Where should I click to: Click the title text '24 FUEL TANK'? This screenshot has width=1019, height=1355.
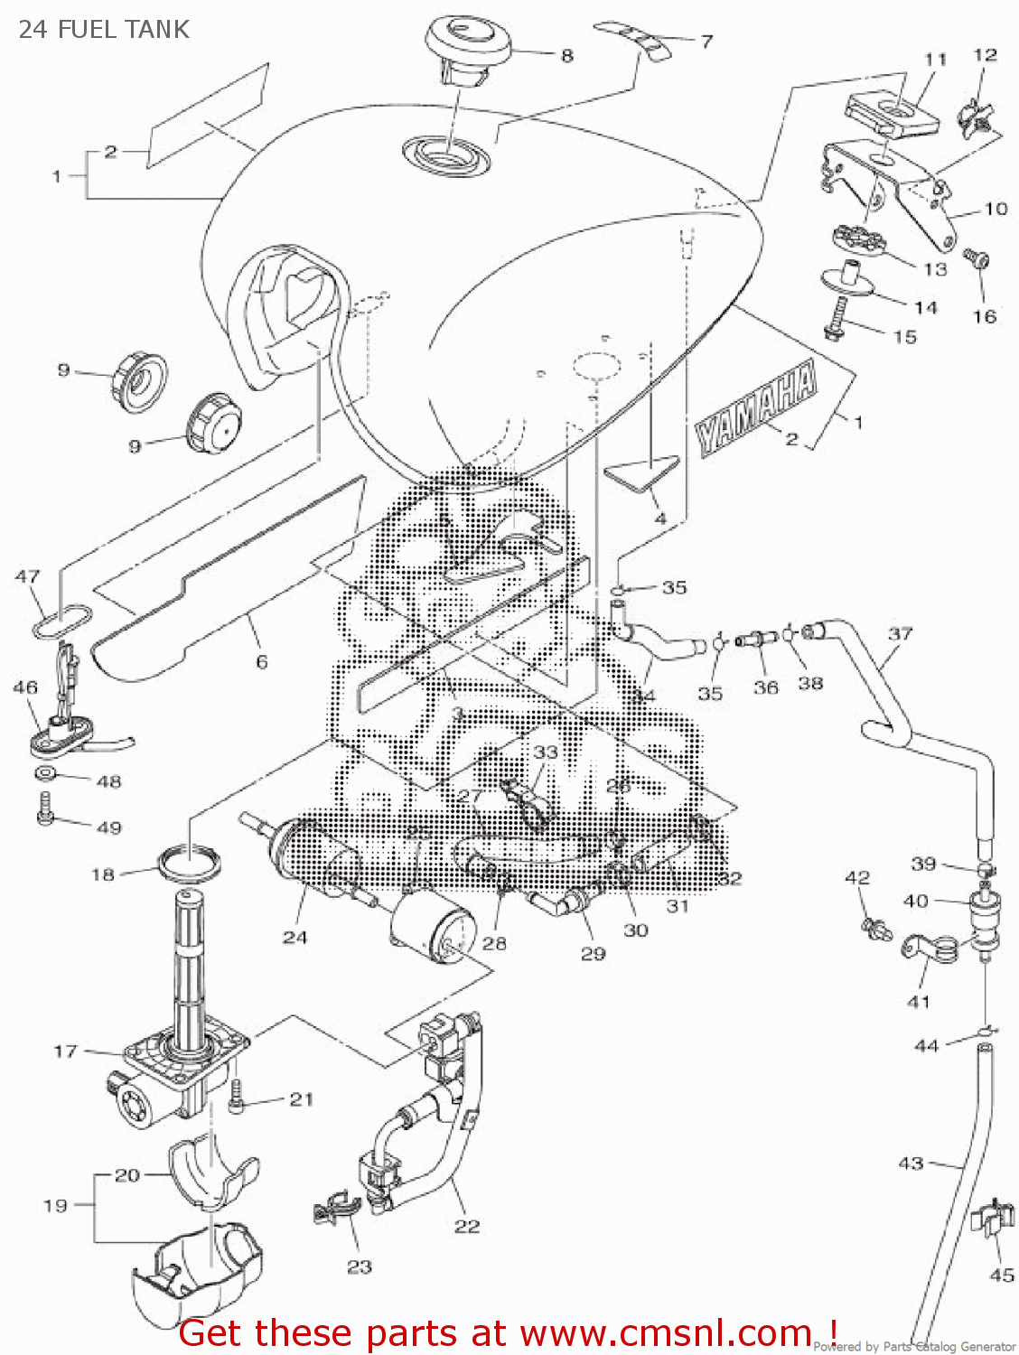104,30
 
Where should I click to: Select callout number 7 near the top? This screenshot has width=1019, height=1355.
706,41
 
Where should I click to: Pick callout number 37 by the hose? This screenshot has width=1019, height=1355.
900,633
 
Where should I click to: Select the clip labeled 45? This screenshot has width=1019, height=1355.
991,1220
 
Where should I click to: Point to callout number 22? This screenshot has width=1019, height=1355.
467,1226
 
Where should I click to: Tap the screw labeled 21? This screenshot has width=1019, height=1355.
238,1096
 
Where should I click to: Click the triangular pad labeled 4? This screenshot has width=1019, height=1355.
643,472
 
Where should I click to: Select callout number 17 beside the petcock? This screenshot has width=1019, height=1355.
65,1051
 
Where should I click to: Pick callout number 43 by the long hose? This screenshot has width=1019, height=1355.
911,1163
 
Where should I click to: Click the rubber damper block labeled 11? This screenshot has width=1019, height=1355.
891,114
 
